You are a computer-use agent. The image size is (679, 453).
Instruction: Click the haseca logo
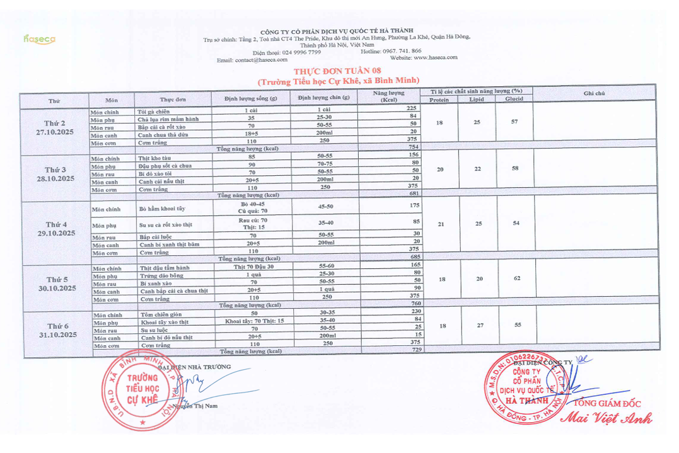click(x=39, y=39)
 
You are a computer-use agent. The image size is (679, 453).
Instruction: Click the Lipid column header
click(x=477, y=100)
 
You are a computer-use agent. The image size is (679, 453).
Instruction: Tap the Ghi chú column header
click(x=594, y=93)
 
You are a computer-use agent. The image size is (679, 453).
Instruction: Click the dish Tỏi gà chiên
click(x=154, y=111)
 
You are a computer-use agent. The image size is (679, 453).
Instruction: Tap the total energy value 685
click(x=414, y=257)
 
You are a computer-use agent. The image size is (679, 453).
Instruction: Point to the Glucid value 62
click(x=517, y=278)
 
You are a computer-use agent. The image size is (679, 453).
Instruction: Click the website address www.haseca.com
click(x=436, y=57)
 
